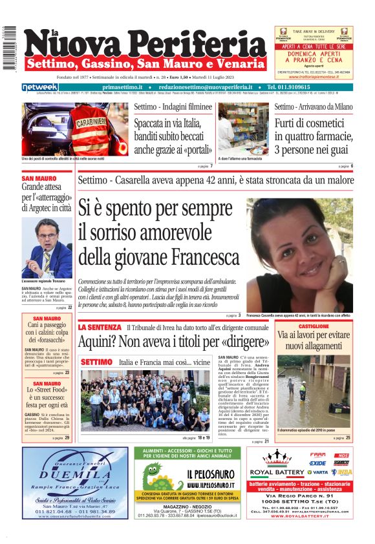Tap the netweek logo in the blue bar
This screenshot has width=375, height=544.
[40, 87]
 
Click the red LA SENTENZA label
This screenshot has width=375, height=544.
[100, 328]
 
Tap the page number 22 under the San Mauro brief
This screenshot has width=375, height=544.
[70, 308]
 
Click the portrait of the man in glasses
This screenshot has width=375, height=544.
[47, 247]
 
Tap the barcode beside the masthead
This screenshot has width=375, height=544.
[9, 48]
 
